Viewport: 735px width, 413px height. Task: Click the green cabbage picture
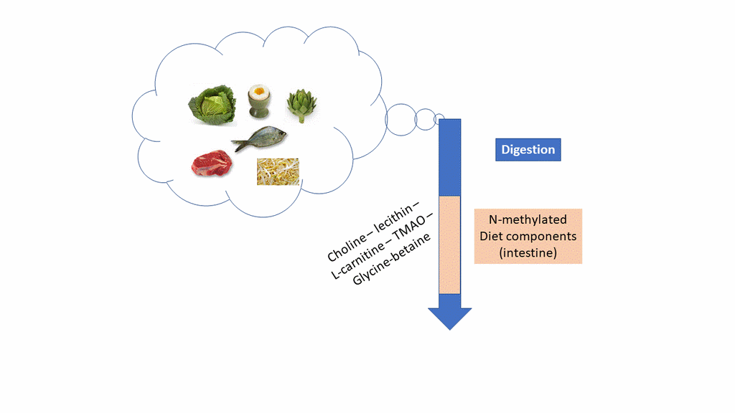point(212,105)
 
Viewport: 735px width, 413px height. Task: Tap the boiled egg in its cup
point(258,101)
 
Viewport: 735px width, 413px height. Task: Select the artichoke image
point(300,105)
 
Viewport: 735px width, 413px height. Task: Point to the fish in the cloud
point(258,138)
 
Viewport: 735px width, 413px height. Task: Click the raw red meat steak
point(212,163)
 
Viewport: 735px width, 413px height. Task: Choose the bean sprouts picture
point(278,172)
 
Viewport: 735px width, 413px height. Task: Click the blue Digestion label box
point(528,150)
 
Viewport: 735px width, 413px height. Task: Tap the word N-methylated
point(528,219)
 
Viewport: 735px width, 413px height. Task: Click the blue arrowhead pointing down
point(450,316)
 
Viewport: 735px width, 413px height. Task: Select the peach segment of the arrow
point(449,244)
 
